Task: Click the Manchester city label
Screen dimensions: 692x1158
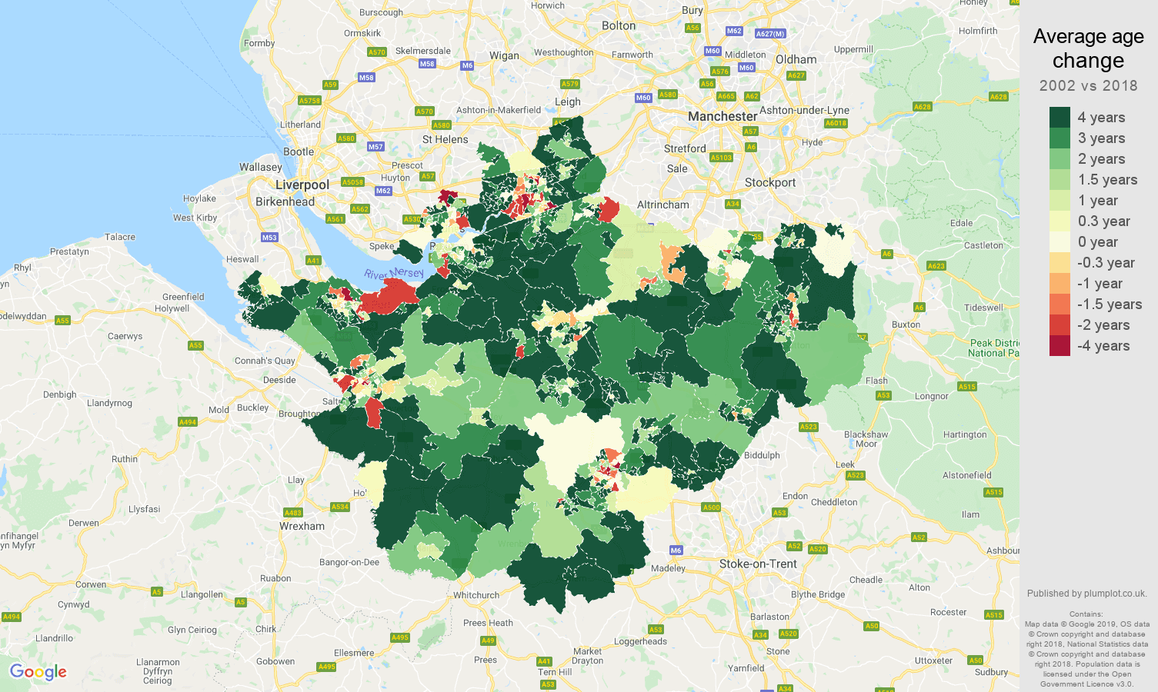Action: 722,117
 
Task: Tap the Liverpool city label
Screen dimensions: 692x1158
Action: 302,185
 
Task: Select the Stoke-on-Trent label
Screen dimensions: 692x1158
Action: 758,564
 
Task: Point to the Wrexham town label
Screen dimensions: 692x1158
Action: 302,526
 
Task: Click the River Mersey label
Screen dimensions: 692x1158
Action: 394,274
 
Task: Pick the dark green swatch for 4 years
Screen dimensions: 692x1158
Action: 1060,118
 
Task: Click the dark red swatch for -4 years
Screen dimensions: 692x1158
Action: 1060,346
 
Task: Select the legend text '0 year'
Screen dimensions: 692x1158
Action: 1097,242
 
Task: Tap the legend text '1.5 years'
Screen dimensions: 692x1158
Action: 1107,180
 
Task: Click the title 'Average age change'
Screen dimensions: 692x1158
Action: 1088,48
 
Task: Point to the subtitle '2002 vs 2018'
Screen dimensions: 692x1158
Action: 1088,85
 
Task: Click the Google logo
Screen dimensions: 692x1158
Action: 38,672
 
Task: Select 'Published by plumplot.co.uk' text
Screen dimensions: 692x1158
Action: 1086,594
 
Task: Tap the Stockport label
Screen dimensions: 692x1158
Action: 770,183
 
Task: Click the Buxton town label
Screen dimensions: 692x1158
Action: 906,324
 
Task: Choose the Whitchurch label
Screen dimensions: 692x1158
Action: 476,595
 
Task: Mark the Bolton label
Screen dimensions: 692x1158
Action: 619,26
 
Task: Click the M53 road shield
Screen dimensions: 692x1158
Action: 269,238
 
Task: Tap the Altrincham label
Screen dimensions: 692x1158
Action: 663,205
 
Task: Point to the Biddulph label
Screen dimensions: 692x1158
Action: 762,455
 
